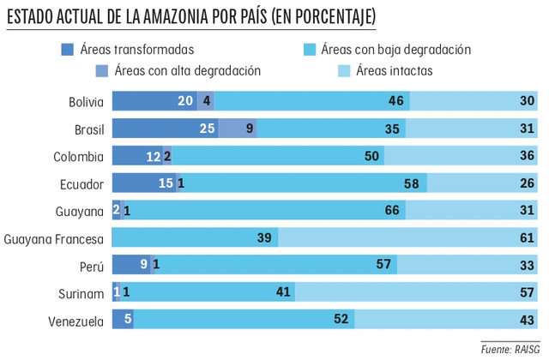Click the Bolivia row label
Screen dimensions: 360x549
86,102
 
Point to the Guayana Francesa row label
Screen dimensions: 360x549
54,239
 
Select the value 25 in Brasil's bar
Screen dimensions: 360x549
208,129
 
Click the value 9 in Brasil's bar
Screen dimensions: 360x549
249,129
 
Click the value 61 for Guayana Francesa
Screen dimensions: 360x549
528,239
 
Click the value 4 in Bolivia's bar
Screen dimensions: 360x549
207,102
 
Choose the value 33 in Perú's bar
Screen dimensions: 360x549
528,267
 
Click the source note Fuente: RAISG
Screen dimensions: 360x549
510,349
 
